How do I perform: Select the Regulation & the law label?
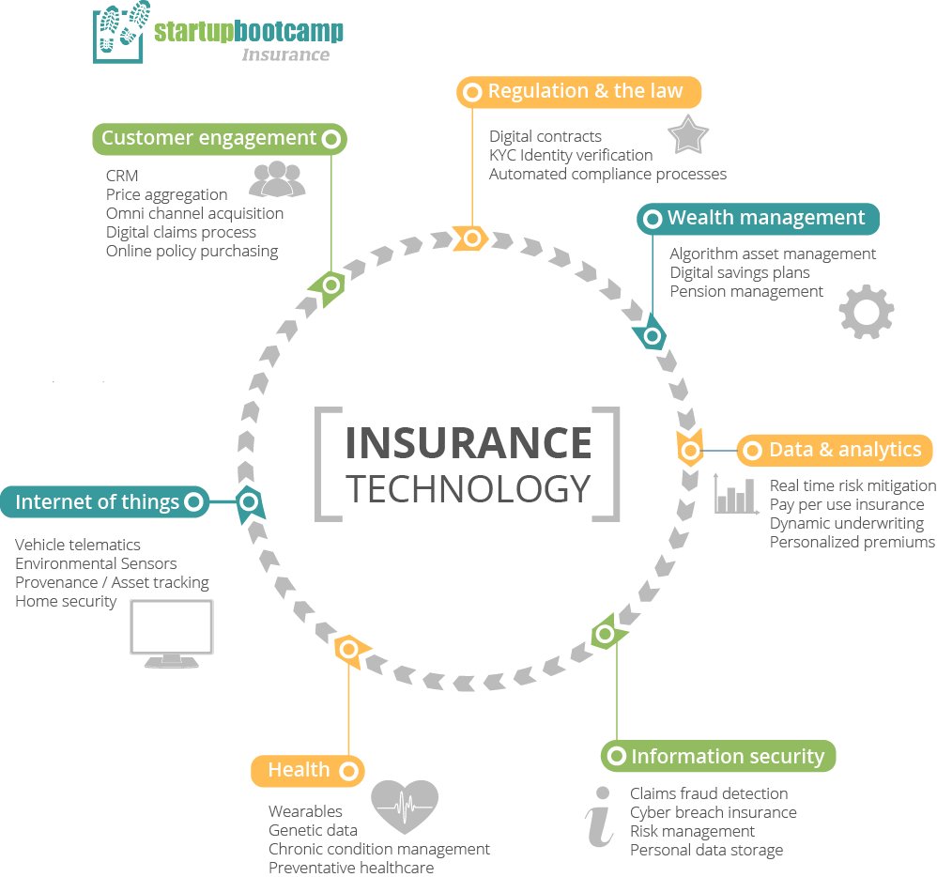(579, 92)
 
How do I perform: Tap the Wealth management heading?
(759, 219)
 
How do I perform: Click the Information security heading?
(718, 756)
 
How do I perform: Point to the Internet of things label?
(103, 502)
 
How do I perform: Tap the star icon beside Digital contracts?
(688, 136)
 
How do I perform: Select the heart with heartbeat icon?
(405, 806)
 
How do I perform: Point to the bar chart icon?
(736, 494)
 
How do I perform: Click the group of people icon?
(277, 179)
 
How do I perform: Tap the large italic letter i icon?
(599, 818)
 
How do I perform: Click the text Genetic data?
(313, 830)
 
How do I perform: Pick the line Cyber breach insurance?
(713, 813)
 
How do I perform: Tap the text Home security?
(66, 601)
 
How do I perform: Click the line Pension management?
(746, 291)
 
